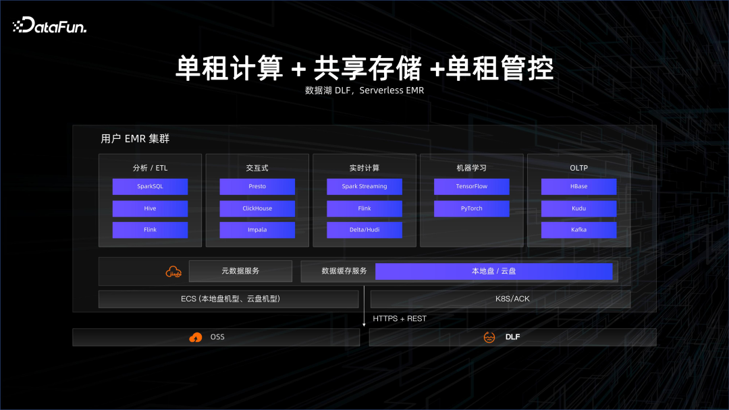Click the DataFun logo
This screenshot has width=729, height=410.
50,26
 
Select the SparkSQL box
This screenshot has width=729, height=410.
150,186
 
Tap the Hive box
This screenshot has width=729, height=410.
150,208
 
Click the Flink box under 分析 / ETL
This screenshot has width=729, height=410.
150,230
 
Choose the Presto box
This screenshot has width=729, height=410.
257,186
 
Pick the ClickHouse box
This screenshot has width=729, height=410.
257,208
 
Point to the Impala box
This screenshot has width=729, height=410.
257,230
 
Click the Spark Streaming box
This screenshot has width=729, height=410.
364,186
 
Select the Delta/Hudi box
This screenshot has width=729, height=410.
364,230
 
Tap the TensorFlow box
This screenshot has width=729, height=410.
471,186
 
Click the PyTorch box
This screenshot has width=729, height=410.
471,208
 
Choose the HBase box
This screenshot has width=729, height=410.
579,186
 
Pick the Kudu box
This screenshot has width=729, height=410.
579,208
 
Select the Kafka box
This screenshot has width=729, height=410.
579,230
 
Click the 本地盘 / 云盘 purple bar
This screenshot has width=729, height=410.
493,271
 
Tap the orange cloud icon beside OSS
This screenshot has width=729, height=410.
196,337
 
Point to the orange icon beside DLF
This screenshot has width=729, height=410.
489,337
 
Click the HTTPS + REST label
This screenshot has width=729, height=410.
400,318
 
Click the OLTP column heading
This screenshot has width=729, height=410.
579,168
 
